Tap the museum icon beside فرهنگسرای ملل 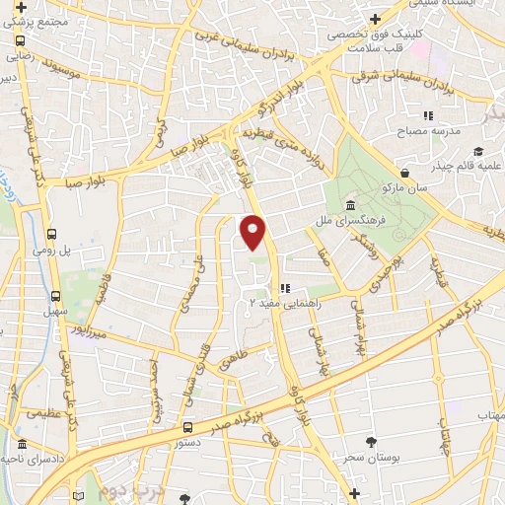tap(351, 204)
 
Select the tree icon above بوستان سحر tap(371, 442)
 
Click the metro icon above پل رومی tap(51, 235)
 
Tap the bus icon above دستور tap(187, 427)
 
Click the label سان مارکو tap(405, 186)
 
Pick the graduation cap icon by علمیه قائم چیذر tap(478, 151)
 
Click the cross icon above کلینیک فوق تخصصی tap(374, 19)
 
